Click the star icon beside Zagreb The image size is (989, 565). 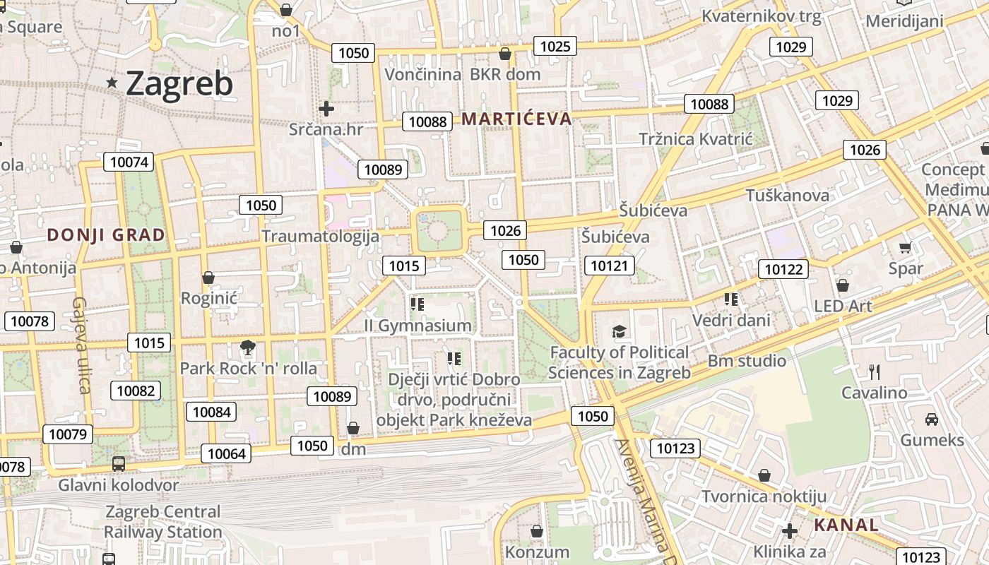point(112,83)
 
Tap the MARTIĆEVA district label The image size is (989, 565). point(516,119)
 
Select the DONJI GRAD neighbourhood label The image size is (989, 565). point(106,235)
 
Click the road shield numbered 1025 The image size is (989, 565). point(555,47)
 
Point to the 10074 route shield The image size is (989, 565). point(129,162)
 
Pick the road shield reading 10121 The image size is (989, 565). point(609,266)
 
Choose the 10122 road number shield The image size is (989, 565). point(783,269)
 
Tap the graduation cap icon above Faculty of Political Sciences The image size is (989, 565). point(620,331)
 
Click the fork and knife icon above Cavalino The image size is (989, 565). point(875,371)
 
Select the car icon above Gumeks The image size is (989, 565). point(932,419)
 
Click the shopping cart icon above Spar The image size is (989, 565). point(905,248)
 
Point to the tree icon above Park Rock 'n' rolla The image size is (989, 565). point(247,347)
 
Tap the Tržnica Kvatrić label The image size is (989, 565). point(696,139)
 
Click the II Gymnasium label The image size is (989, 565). point(417,326)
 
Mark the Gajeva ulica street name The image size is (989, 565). point(81,345)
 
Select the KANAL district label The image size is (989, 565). point(846,525)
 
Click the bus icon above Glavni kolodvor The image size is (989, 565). point(119,464)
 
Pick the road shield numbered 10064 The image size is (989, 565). point(226,453)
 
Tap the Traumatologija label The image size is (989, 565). point(321,236)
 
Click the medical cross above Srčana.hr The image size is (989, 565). point(326,109)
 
